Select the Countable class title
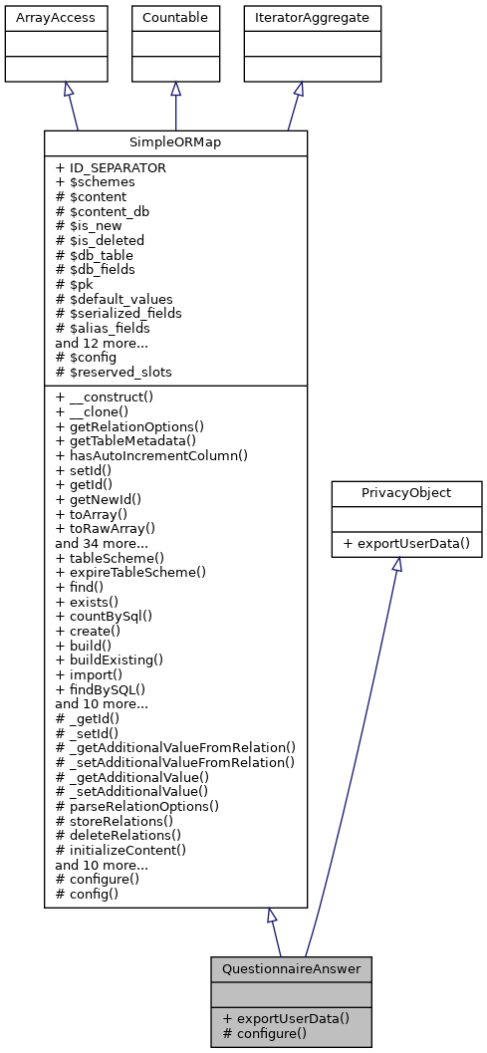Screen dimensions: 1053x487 pos(176,18)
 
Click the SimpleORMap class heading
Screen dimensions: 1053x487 pos(175,142)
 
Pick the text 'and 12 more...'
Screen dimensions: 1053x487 pos(102,342)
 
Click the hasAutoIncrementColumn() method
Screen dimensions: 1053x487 pos(151,455)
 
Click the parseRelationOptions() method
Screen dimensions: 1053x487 pos(137,805)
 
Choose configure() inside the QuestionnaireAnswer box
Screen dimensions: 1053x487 pos(264,1033)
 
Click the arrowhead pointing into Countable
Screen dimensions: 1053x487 pos(176,89)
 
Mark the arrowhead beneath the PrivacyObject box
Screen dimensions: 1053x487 pos(396,564)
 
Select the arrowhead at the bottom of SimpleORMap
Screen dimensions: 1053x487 pos(272,916)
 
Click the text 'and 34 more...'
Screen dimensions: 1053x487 pos(102,544)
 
